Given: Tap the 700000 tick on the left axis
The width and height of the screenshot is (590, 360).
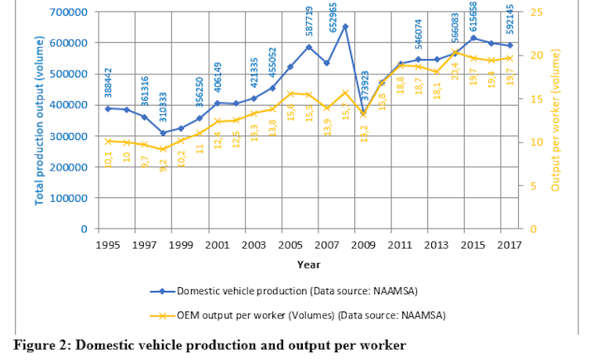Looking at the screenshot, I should click(69, 13).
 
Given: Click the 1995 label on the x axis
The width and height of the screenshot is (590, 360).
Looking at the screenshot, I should click(108, 245).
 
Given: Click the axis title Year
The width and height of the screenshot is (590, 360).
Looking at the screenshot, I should click(308, 265).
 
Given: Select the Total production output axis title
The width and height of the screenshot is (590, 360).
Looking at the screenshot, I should click(40, 122).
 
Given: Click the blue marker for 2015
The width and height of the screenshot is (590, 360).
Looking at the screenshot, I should click(473, 38).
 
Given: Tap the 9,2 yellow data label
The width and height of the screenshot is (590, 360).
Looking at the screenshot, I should click(164, 165).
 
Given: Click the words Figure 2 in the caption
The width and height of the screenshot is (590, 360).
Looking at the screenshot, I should click(44, 345).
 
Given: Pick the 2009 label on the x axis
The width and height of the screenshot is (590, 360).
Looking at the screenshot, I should click(363, 245).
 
